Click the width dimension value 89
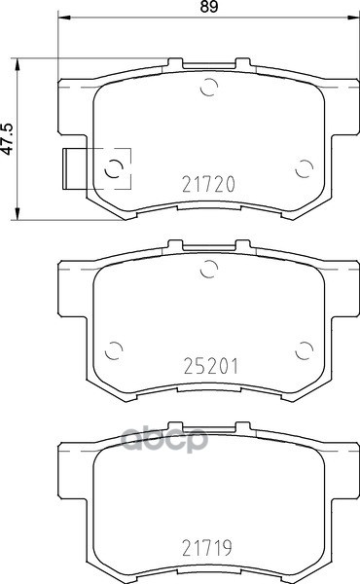coord(208,7)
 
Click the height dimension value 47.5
coord(7,138)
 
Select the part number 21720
coord(208,184)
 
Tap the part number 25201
coord(210,366)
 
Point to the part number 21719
coord(207,547)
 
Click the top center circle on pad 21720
coord(209,88)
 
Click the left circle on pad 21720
coord(114,169)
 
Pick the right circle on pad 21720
coord(304,169)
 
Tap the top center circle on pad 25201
coord(209,270)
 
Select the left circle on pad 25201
coord(114,350)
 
